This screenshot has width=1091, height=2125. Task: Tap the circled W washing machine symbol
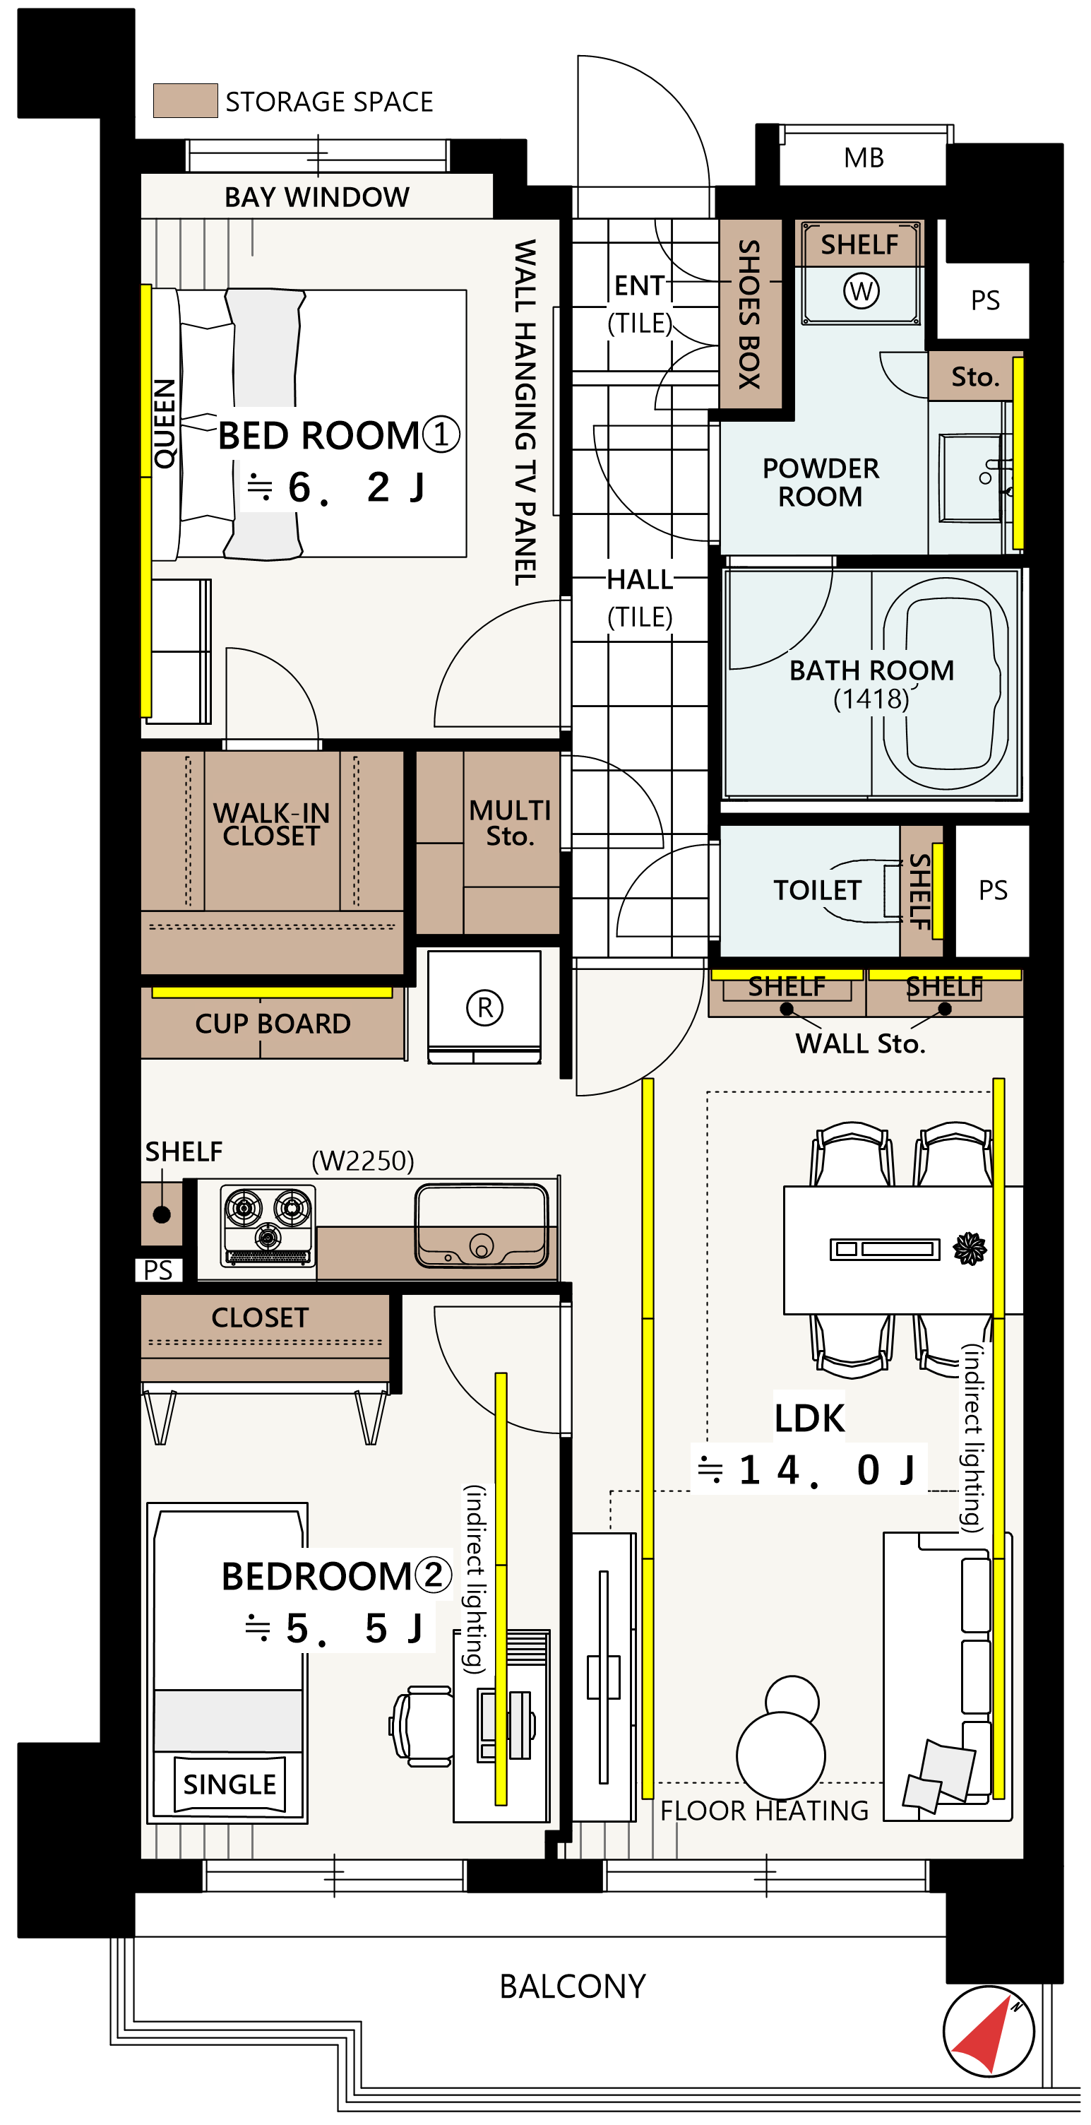point(861,290)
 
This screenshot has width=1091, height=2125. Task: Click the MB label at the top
point(864,158)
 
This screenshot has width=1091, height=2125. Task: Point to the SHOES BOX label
point(749,314)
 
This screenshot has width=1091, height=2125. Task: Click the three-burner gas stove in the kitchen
point(267,1225)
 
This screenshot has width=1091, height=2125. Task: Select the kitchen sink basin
point(482,1225)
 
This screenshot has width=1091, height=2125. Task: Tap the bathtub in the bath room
point(945,684)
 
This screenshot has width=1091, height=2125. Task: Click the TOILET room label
point(816,890)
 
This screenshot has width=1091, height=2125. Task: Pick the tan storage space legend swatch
point(186,100)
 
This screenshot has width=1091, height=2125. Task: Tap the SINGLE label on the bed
point(229,1784)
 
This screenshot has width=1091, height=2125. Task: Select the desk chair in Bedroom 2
point(422,1726)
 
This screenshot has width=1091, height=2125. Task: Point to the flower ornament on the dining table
point(970,1248)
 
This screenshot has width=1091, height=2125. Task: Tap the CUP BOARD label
point(273,1024)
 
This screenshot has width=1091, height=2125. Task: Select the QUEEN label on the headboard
point(165,423)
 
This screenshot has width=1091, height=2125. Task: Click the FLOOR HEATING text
point(765,1811)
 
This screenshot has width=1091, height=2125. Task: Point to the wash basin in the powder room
point(972,478)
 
